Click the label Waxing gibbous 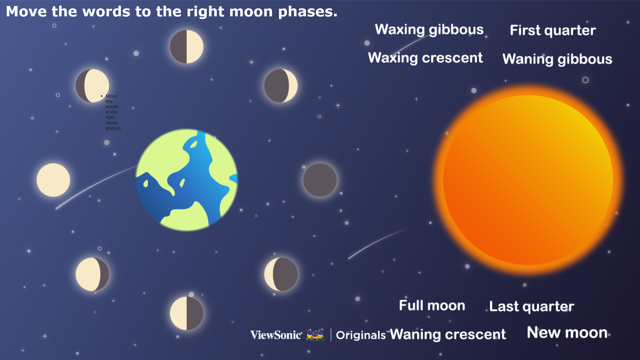click(x=429, y=30)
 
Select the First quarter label click(x=553, y=30)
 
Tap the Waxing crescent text click(x=425, y=58)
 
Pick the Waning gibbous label click(x=557, y=59)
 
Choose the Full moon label click(x=432, y=305)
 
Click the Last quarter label click(x=532, y=307)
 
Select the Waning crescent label click(x=448, y=334)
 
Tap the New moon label click(x=567, y=333)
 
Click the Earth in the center click(x=187, y=180)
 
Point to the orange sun click(x=528, y=180)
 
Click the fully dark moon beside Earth click(x=320, y=180)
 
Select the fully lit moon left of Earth click(x=53, y=180)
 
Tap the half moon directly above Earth click(x=187, y=47)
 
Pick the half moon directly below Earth click(x=187, y=313)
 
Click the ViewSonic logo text click(x=276, y=335)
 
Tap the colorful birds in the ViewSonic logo click(x=315, y=334)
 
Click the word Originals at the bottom click(x=361, y=335)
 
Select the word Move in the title click(x=26, y=12)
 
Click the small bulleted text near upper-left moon click(x=112, y=112)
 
